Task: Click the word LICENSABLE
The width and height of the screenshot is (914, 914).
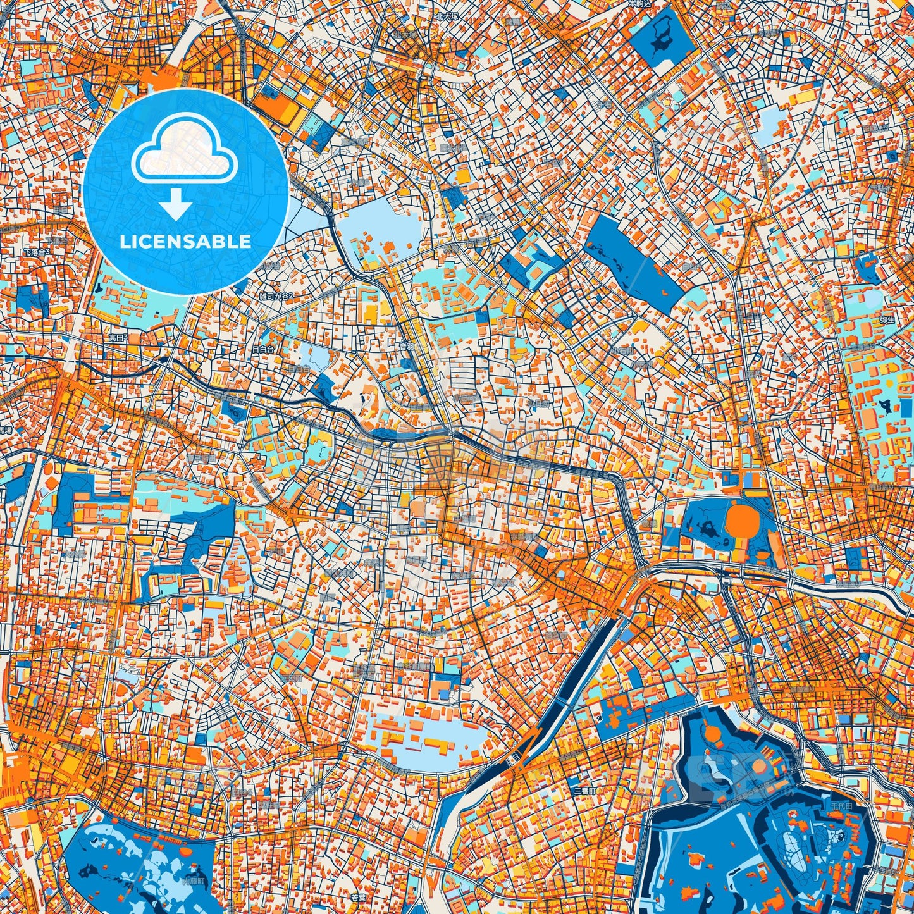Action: coord(185,242)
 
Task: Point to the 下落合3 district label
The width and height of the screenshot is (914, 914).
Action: coord(36,252)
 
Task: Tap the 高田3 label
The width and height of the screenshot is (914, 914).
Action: coord(118,338)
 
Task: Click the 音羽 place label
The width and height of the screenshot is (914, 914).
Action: coord(407,346)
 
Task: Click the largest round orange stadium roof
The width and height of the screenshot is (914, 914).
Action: coord(742,519)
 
